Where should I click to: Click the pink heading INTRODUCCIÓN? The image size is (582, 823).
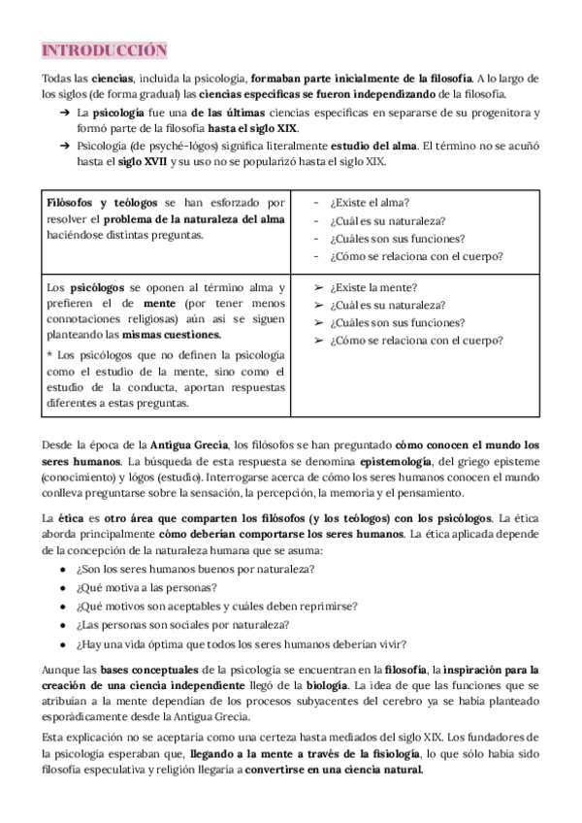[x=104, y=50]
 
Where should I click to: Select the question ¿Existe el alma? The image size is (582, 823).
[x=369, y=203]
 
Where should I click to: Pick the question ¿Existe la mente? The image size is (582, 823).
[x=373, y=287]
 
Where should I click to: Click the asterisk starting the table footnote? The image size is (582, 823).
[x=49, y=355]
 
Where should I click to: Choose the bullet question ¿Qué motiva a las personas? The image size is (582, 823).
[x=145, y=587]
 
